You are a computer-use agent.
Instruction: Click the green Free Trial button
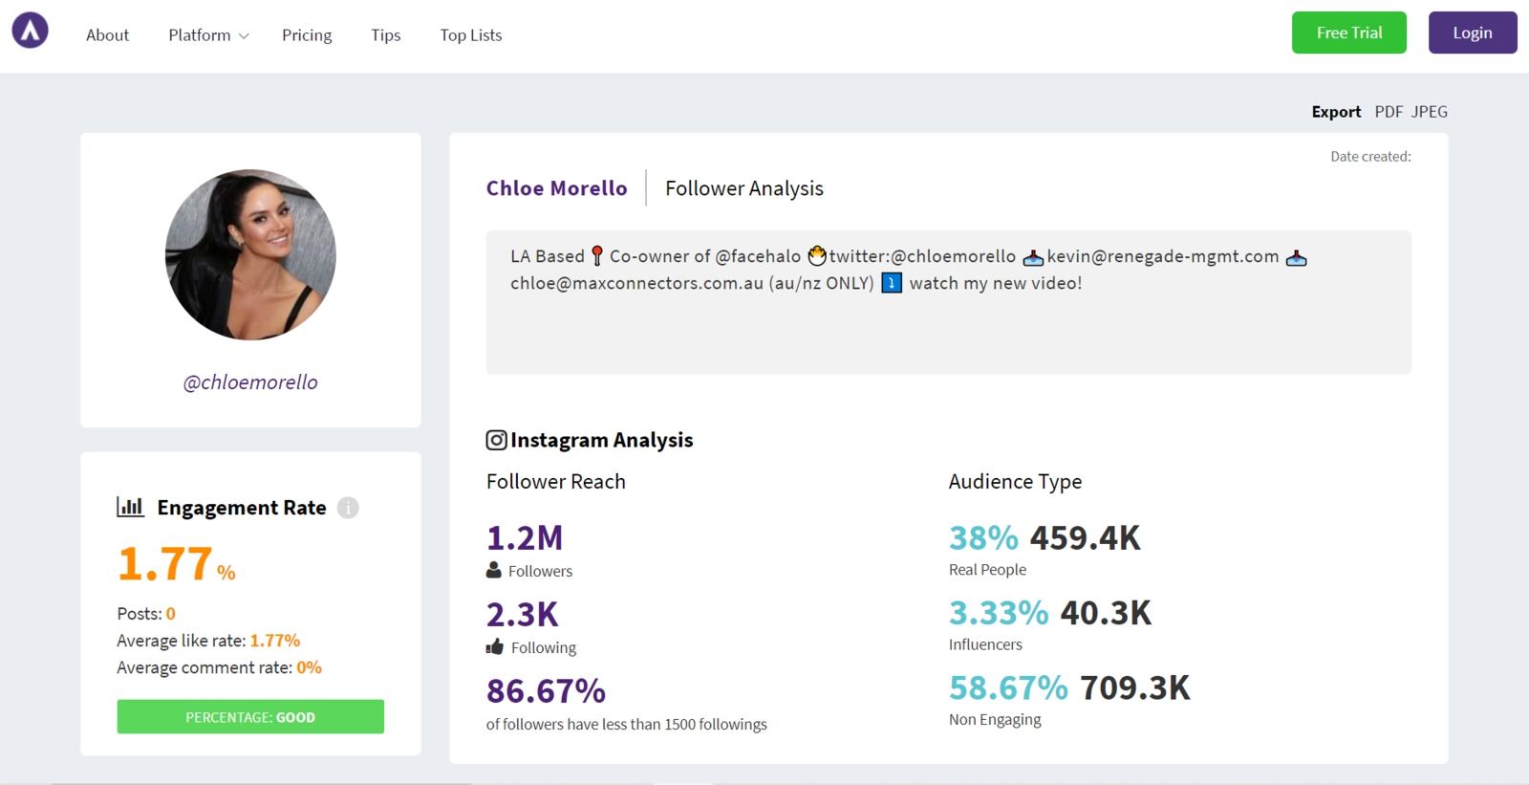[1348, 33]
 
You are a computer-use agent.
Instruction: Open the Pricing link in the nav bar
[307, 35]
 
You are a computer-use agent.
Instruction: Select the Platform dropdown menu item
[207, 35]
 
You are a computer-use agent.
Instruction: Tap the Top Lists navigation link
[470, 35]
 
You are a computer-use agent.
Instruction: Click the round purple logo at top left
[30, 31]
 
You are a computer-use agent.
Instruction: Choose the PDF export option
[1388, 112]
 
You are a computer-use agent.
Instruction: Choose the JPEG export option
[1429, 112]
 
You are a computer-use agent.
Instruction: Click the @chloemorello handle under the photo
[250, 382]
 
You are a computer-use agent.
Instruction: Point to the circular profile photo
[250, 254]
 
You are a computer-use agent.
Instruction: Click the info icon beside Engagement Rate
[348, 508]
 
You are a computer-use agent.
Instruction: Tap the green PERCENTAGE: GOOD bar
[250, 717]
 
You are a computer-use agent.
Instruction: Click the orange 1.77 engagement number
[165, 564]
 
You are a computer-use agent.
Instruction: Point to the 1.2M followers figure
[525, 538]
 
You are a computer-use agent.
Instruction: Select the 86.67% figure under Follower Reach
[546, 690]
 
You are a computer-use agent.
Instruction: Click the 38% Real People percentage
[983, 538]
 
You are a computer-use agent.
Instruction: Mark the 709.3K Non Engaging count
[1134, 688]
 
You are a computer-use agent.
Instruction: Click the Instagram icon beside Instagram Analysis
[496, 440]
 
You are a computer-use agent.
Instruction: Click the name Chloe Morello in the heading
[556, 188]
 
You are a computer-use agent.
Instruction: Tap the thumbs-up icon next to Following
[494, 647]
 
